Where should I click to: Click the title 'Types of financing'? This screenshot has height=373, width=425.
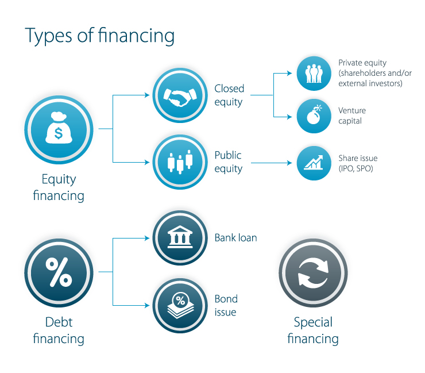click(100, 36)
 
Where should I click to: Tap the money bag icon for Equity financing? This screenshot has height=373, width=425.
click(59, 128)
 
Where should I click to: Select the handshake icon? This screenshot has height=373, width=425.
click(180, 97)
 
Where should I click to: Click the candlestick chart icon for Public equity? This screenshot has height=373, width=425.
click(180, 162)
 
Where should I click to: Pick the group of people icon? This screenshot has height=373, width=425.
click(314, 73)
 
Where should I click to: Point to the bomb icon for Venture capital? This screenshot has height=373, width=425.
click(314, 115)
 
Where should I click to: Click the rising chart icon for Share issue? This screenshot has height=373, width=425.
click(314, 162)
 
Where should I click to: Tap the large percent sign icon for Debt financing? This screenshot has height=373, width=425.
click(59, 272)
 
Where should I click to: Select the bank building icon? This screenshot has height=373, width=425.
click(180, 237)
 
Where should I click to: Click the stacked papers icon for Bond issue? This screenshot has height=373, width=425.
click(180, 305)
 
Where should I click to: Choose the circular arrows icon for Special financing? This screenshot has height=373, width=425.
click(313, 273)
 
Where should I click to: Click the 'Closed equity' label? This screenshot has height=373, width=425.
click(229, 95)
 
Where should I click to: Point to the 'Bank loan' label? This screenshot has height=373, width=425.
click(236, 237)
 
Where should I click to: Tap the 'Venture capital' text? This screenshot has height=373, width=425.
click(352, 116)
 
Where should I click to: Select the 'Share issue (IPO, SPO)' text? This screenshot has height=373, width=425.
click(358, 163)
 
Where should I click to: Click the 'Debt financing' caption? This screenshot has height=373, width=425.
click(59, 330)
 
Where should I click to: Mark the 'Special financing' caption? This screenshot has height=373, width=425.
click(313, 330)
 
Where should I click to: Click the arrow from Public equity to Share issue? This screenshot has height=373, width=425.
click(272, 163)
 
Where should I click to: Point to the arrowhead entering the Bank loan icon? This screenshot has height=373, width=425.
click(147, 238)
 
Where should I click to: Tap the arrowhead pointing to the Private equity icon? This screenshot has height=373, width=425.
click(289, 73)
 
